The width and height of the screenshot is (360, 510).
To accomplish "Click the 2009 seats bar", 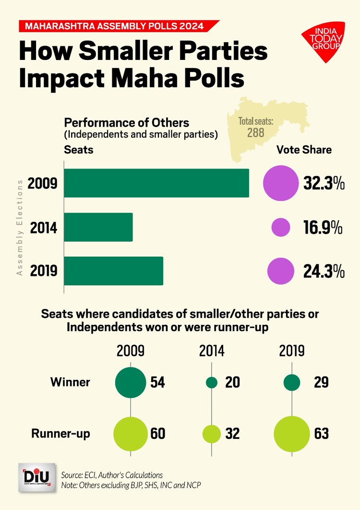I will [x=156, y=183].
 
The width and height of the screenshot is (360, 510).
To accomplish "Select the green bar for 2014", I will [x=98, y=227].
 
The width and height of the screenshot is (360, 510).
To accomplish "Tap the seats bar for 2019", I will [x=114, y=271].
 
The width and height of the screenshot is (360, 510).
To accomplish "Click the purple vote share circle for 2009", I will [x=280, y=183].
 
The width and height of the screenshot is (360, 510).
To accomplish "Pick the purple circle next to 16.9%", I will [x=280, y=227].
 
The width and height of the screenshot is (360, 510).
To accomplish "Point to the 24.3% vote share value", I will [x=324, y=272].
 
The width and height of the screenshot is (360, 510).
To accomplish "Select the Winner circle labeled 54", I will [x=131, y=382].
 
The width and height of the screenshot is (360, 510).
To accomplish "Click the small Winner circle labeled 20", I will [x=212, y=382].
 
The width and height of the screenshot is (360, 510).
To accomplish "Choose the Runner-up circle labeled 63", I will [x=292, y=433].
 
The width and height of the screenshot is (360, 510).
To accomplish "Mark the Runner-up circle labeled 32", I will [x=211, y=433].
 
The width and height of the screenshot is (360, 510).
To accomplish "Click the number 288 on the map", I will [x=255, y=132].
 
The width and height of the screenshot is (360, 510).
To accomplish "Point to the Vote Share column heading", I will [x=304, y=150].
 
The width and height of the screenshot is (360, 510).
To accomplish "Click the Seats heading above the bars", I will [x=79, y=150].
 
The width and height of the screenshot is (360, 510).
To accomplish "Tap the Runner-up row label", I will [x=61, y=433].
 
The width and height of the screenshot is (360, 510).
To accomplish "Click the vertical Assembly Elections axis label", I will [x=20, y=227].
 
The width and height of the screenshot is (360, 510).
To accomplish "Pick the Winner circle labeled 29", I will [x=292, y=382].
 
